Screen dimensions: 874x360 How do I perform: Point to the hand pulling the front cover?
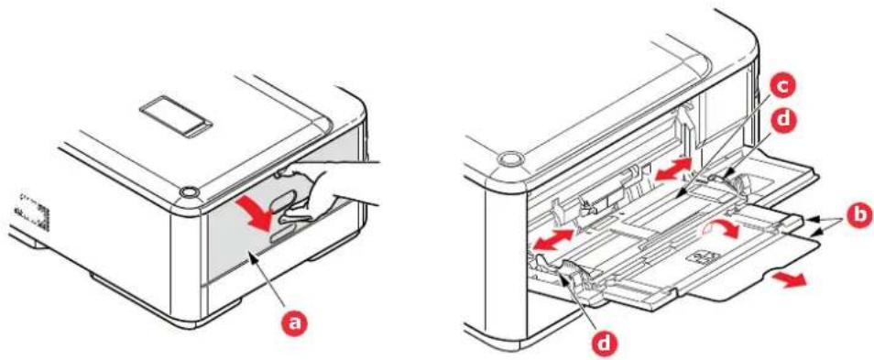click(x=323, y=191)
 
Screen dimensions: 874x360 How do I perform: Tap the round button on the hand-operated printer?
click(x=190, y=191)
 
